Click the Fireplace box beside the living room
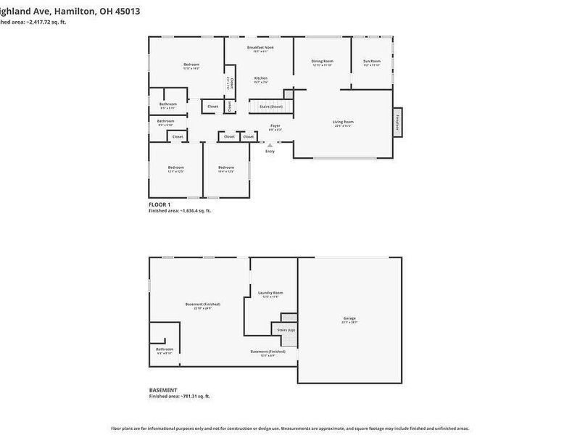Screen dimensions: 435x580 397,121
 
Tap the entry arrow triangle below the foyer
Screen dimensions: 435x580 270,145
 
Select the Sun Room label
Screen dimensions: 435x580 372,62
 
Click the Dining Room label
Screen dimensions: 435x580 322,62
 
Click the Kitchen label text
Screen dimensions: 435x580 261,78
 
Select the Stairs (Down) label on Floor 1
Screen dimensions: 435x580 271,107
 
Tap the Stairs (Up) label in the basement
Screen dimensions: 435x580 286,330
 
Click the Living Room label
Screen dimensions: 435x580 343,122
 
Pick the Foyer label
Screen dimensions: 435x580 275,126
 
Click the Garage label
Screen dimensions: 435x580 349,318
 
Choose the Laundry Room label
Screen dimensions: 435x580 270,293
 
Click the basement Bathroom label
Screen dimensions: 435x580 165,349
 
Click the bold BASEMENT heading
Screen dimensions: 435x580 162,391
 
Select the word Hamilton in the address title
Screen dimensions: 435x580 74,12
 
